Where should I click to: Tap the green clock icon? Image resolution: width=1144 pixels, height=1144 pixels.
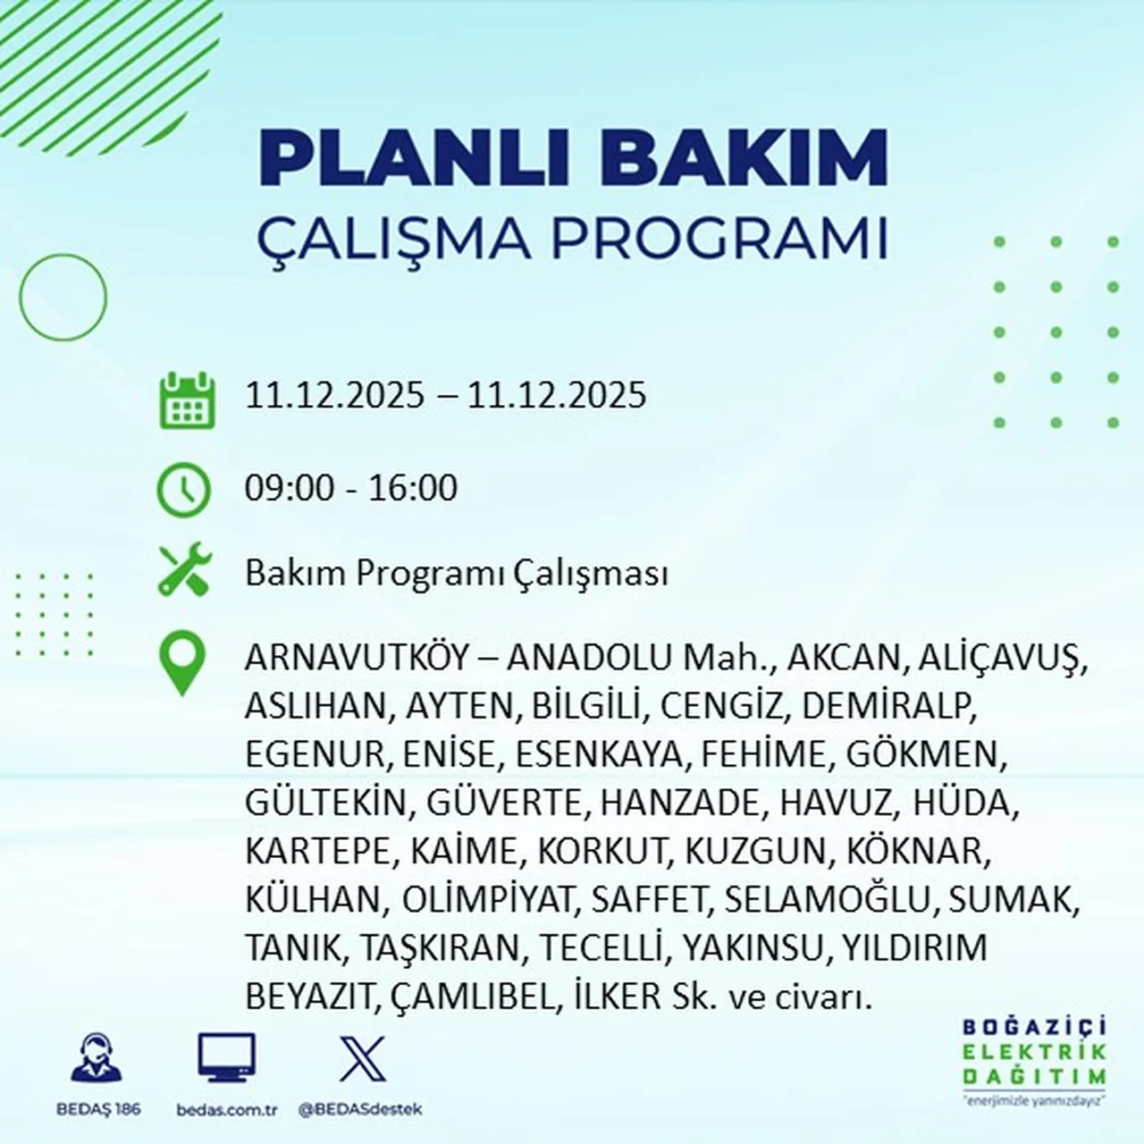coord(184,490)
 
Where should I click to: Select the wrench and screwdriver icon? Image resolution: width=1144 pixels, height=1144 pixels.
coord(184,572)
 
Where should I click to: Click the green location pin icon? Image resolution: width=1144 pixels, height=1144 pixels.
coord(182,662)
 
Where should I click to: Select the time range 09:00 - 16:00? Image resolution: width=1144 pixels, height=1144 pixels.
coord(351,488)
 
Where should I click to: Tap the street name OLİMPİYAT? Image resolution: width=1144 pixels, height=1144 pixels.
coord(486,899)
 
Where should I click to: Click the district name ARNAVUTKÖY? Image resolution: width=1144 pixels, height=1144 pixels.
coord(357,658)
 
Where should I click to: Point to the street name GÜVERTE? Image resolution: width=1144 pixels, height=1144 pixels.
coord(504,803)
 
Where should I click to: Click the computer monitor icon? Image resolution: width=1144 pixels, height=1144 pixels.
coord(226,1058)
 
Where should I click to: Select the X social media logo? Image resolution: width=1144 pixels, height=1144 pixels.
coord(363,1059)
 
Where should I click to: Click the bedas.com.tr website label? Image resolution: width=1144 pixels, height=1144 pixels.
coord(227,1109)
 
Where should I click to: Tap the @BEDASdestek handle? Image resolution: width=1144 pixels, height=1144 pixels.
coord(360,1109)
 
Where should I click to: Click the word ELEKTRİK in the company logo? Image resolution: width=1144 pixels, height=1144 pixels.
coord(1034,1052)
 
